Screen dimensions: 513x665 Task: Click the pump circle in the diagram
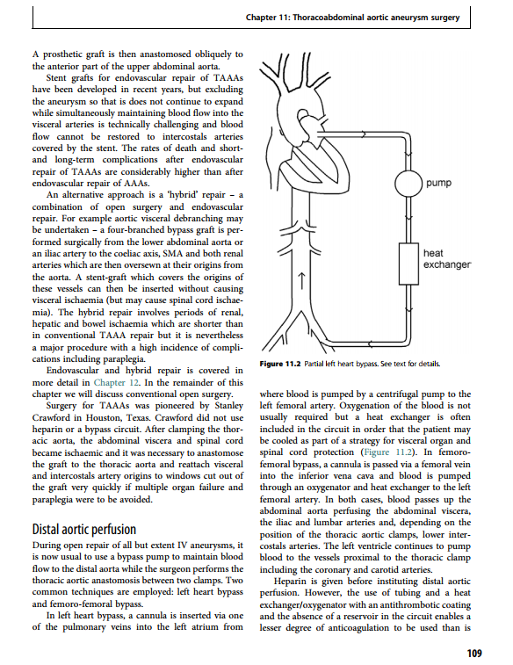(408, 184)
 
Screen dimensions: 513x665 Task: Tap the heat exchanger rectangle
(408, 264)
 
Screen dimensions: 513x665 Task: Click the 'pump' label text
(439, 184)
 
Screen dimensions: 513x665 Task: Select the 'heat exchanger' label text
(447, 258)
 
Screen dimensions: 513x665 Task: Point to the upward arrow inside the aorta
(301, 281)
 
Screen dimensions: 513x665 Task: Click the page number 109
(474, 653)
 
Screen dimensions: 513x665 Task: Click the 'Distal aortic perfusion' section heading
(84, 530)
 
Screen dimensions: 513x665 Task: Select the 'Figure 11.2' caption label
(280, 364)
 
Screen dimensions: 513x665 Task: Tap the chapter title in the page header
(353, 18)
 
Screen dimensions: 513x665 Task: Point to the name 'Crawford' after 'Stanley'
(50, 417)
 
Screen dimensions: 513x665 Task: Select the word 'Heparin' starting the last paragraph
(290, 582)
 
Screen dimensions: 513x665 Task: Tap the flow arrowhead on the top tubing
(363, 134)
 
